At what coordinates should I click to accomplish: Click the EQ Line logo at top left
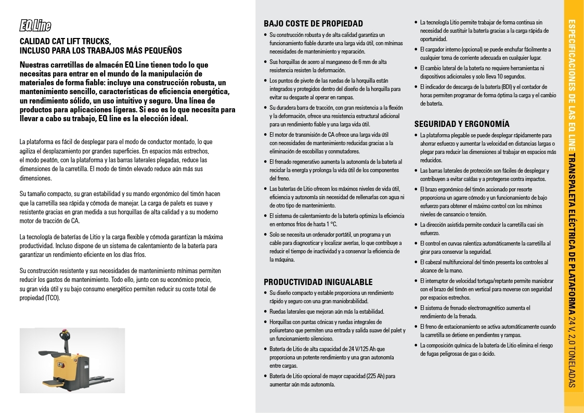pyautogui.click(x=35, y=25)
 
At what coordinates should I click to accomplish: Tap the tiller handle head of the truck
pyautogui.click(x=66, y=339)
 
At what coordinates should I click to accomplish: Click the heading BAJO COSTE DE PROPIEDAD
pyautogui.click(x=313, y=23)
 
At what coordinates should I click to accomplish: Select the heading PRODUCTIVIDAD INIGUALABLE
pyautogui.click(x=318, y=282)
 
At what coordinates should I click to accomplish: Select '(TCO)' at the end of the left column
pyautogui.click(x=53, y=298)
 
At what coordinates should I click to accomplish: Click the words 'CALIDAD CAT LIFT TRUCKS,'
pyautogui.click(x=65, y=41)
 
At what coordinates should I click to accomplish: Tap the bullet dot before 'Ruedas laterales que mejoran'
pyautogui.click(x=266, y=312)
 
